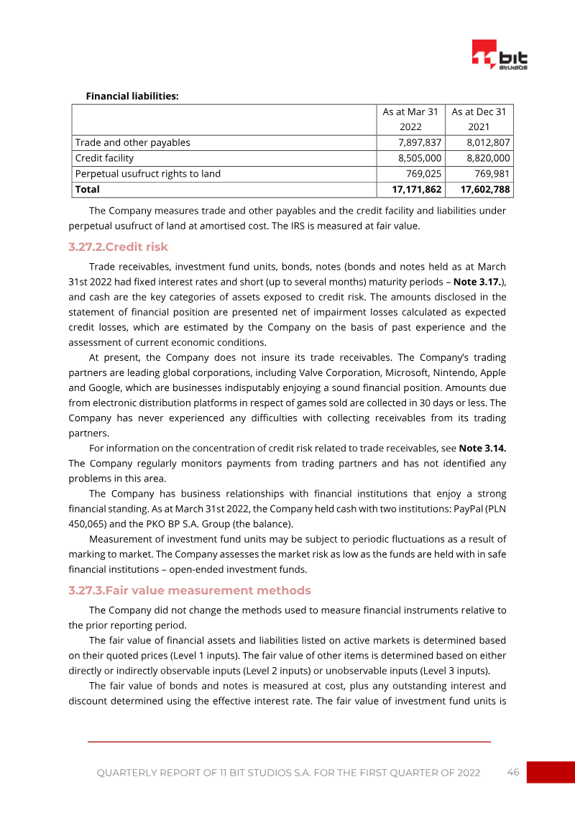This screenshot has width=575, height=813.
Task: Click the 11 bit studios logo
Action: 500,55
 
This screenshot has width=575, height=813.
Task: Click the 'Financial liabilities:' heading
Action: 132,96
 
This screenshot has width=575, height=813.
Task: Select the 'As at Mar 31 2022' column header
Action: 410,119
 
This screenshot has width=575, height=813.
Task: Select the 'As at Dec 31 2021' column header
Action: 479,119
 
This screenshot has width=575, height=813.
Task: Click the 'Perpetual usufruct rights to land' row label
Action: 148,173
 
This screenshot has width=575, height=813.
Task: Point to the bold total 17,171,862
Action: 413,189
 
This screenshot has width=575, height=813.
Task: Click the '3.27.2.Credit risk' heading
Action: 118,247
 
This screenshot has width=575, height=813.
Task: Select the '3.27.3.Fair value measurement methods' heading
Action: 190,590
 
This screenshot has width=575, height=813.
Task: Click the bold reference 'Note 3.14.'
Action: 483,448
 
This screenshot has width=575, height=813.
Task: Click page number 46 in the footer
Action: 513,772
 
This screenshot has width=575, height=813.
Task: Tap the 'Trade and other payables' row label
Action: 133,142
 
